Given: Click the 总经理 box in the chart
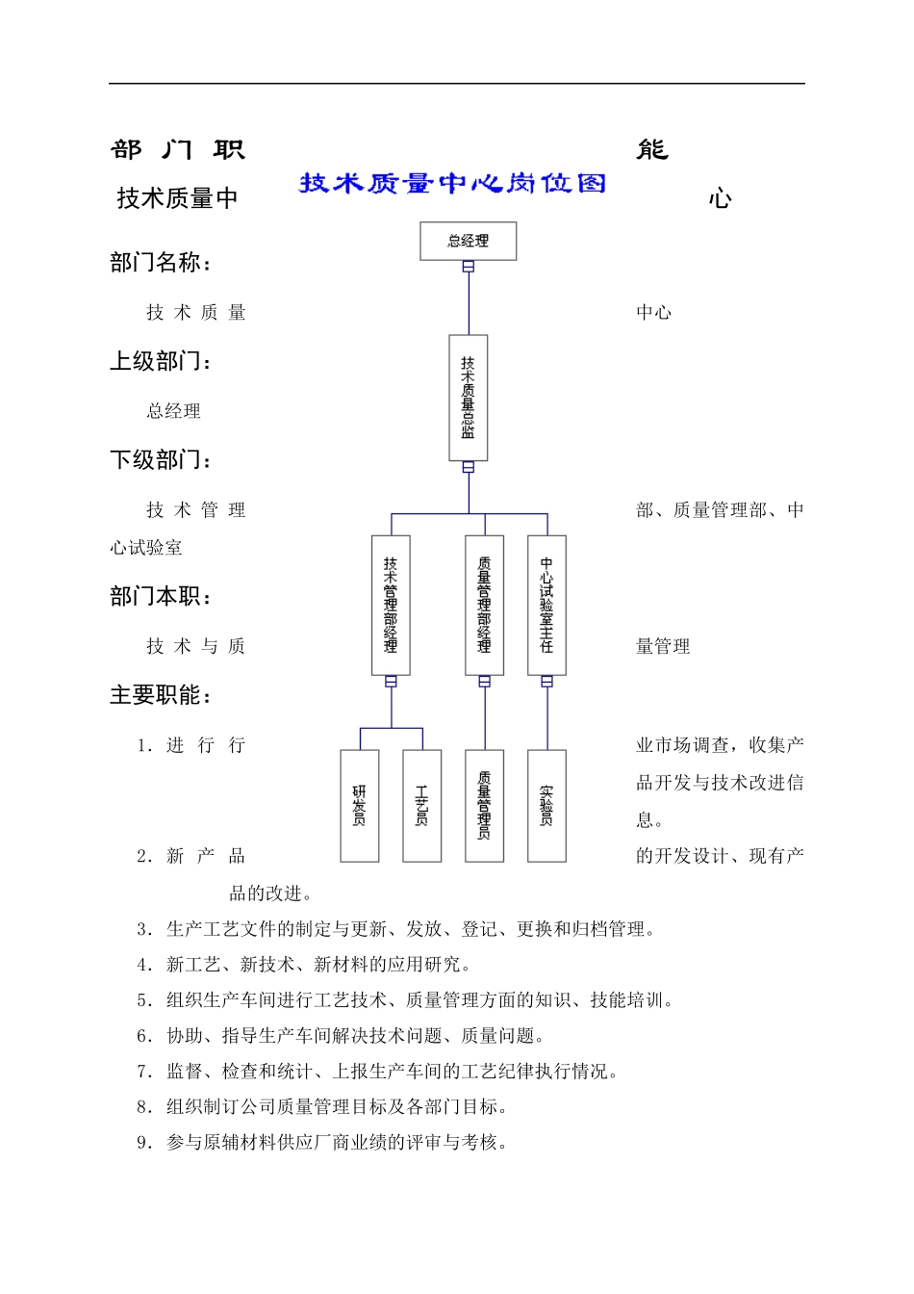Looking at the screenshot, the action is pos(468,241).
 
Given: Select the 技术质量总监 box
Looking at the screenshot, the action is pos(468,398).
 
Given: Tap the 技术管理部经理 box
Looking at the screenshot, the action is pos(391,605).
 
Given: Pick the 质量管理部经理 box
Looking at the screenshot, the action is pos(484,605).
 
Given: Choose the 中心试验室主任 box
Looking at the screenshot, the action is pos(546,605).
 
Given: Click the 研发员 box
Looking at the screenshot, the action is pos(360,806).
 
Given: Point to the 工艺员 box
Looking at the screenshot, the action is pos(421,806).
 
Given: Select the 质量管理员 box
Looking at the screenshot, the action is pos(484,806).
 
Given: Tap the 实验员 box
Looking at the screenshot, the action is pos(546,806).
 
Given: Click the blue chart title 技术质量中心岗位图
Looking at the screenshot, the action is pos(452,183).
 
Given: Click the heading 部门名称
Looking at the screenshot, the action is pos(161,263).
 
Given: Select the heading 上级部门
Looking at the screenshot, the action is pos(161,362).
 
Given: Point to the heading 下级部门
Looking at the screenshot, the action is pos(161,460).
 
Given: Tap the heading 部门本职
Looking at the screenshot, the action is pos(161,597).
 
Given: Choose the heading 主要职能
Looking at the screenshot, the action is pos(161,695).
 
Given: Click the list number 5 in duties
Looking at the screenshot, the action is pos(144,1000).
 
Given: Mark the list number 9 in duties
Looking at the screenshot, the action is pos(144,1143).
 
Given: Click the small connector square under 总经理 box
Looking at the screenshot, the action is pos(469,267).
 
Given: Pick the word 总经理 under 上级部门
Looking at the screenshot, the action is pos(174,411).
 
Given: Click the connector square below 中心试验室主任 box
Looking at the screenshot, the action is pos(546,682).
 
